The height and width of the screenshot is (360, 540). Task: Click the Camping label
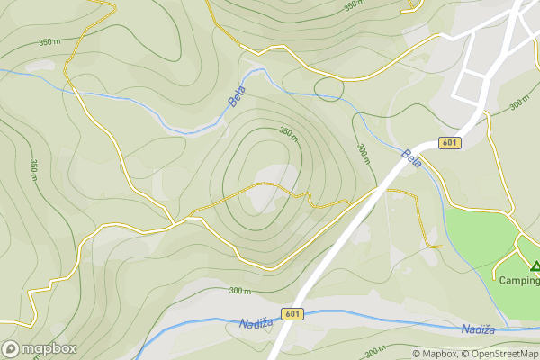pos(520,280)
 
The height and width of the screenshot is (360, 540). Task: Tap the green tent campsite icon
pos(535,266)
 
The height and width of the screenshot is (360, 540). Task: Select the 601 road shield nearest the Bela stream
pos(451,143)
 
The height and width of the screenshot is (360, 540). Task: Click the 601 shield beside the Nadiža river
pos(292,313)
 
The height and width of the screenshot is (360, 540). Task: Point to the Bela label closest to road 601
pos(412,158)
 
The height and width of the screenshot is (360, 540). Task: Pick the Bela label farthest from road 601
pos(237,97)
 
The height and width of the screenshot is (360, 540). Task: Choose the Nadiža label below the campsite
pos(477,330)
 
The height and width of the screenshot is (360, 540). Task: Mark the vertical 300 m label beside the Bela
pos(362,155)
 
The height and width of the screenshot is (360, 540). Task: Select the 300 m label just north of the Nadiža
pos(239,291)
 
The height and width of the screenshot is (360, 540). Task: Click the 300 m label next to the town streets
pos(519,104)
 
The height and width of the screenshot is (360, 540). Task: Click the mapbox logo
pos(40,348)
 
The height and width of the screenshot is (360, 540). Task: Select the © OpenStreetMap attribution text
pos(500,354)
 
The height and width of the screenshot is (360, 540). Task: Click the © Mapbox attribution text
pos(435,354)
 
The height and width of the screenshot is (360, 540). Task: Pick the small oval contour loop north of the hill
pos(329,88)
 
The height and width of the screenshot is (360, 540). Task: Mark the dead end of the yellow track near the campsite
pos(440,246)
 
